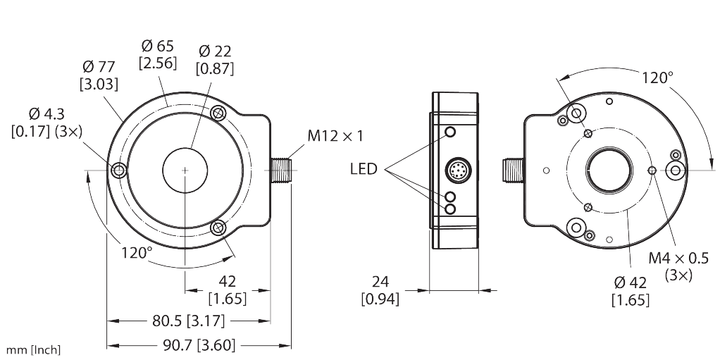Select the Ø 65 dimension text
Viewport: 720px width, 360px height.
pos(157,54)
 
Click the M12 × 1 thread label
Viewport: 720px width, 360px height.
pos(335,136)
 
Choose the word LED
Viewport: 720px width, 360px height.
pos(364,169)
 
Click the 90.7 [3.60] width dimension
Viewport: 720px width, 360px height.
pos(199,345)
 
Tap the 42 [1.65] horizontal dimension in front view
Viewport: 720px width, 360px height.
pos(228,289)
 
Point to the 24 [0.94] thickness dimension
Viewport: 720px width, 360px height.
pos(380,290)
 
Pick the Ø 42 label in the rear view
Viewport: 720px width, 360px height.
pos(631,291)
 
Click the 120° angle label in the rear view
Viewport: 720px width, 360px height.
pos(657,77)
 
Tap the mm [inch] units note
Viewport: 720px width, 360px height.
pos(32,349)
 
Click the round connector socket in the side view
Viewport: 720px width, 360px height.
pos(454,170)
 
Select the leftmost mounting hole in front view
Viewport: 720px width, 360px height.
pos(118,170)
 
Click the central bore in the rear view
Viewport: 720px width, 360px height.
pos(605,170)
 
